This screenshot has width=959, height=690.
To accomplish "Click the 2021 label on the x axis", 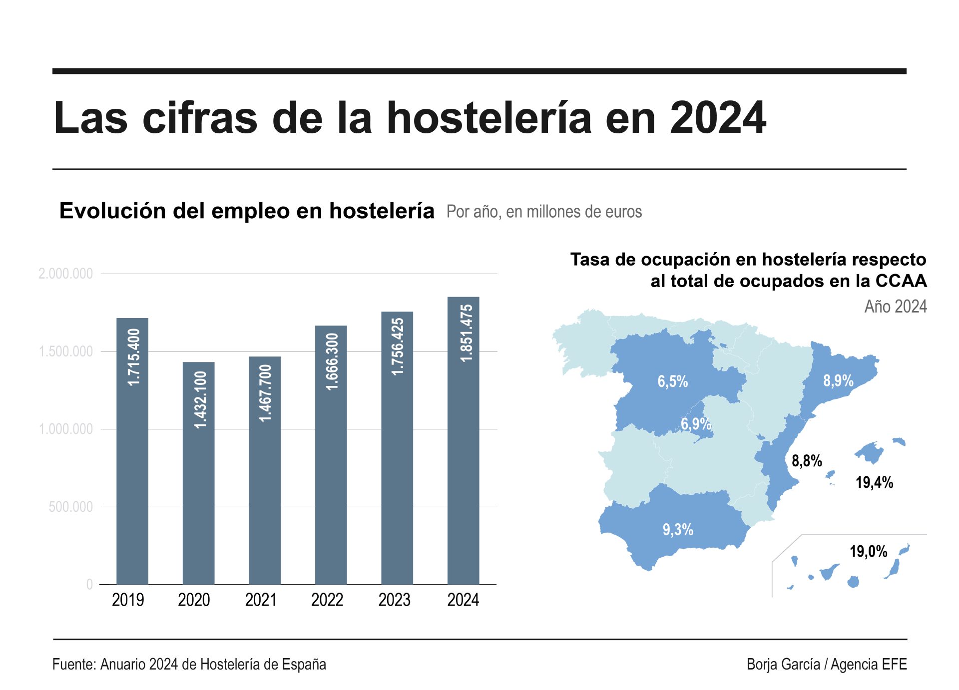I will pos(261,600).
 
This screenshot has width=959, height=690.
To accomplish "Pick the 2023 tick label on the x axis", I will pos(394,600).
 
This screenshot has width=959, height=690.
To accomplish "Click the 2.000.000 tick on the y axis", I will pos(66,274).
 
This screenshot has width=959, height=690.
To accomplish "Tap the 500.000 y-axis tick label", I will pos(71,507).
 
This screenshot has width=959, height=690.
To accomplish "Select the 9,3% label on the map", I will pos(678,530).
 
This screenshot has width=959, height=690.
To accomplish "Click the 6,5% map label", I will pos(672,381).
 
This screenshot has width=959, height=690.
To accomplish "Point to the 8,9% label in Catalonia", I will pos(838,381).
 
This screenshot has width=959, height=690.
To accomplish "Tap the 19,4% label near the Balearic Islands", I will pos(874,482).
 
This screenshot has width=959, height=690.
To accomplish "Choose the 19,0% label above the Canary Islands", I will pos(868,552).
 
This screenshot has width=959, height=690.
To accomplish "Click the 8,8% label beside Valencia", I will pos(807,460).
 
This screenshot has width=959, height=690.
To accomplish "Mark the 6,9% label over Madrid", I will pos(696,424).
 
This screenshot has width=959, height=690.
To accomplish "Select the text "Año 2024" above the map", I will pos(895,306).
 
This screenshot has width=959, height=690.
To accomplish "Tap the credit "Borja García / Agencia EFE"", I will pos(826,665).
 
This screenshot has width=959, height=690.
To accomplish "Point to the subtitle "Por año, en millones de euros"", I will pos(544,212).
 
